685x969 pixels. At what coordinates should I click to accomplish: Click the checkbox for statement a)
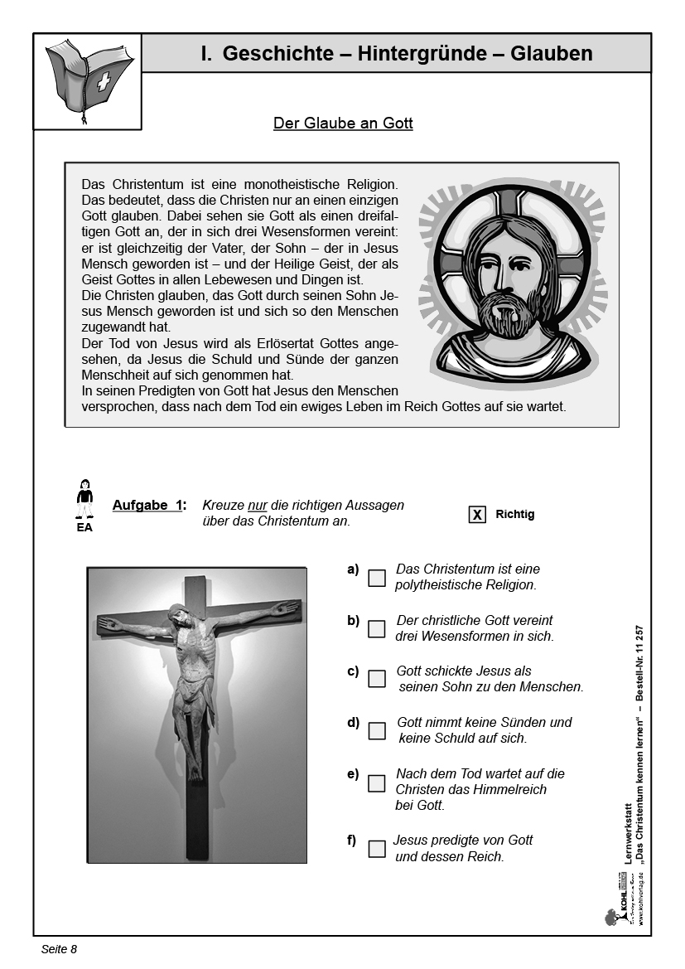377,578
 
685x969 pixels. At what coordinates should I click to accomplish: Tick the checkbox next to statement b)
377,629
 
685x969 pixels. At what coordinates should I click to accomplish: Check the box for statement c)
377,679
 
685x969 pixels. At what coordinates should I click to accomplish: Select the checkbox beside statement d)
377,730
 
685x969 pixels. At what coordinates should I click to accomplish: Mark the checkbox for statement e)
377,783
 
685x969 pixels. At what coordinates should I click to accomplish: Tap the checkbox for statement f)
377,849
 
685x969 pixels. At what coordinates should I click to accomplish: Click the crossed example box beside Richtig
477,515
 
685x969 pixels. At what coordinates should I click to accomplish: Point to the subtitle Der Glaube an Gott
343,124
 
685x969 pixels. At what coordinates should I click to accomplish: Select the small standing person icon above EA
84,499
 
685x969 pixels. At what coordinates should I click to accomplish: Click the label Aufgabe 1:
149,506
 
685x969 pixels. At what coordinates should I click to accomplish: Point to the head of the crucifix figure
178,616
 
